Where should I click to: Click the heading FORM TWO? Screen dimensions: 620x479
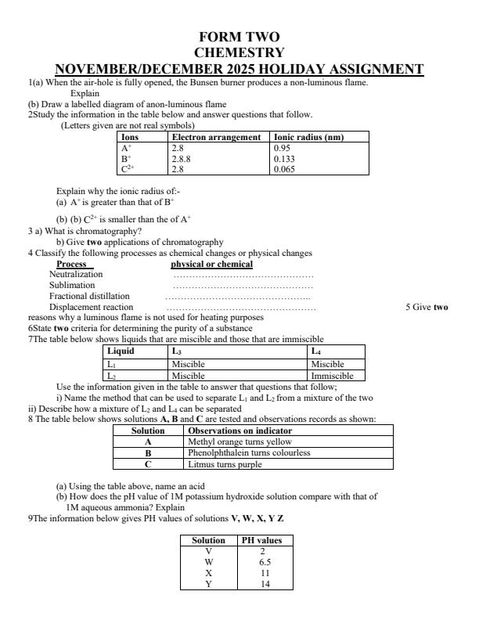coord(239,37)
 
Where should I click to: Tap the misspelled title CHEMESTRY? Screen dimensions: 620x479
coord(239,52)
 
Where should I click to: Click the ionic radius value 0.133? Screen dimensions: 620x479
coord(284,157)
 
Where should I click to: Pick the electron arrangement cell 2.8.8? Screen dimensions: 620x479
coord(182,157)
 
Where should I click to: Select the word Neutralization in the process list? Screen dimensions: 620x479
coord(76,274)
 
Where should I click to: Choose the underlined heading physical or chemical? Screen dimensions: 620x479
coord(211,264)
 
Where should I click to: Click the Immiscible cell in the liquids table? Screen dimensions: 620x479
coord(332,376)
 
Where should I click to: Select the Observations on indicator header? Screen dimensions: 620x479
coord(240,431)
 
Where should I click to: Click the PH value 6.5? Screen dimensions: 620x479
coord(265,562)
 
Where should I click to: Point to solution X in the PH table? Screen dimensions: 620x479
coord(208,573)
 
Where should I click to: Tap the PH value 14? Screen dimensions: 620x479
coord(265,584)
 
